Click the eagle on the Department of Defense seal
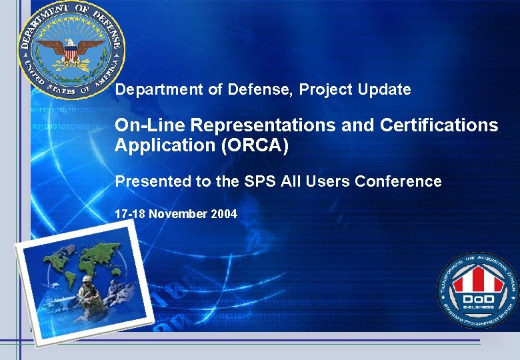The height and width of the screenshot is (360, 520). coord(71,51)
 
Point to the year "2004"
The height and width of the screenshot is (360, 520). coord(223,214)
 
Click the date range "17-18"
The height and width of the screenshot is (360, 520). coord(130,214)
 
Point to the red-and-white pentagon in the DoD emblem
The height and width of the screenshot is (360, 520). coord(477,277)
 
